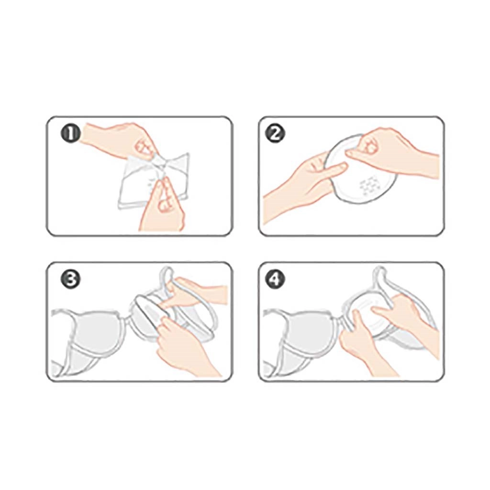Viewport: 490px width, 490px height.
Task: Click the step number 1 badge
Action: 71,134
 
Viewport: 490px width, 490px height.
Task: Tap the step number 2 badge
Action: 275,134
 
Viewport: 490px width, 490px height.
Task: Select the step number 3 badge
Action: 71,279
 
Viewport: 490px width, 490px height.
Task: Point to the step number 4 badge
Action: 275,279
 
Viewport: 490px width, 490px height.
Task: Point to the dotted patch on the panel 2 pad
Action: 371,184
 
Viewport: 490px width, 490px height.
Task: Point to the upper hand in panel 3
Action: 194,292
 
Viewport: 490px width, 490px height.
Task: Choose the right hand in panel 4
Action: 406,316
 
